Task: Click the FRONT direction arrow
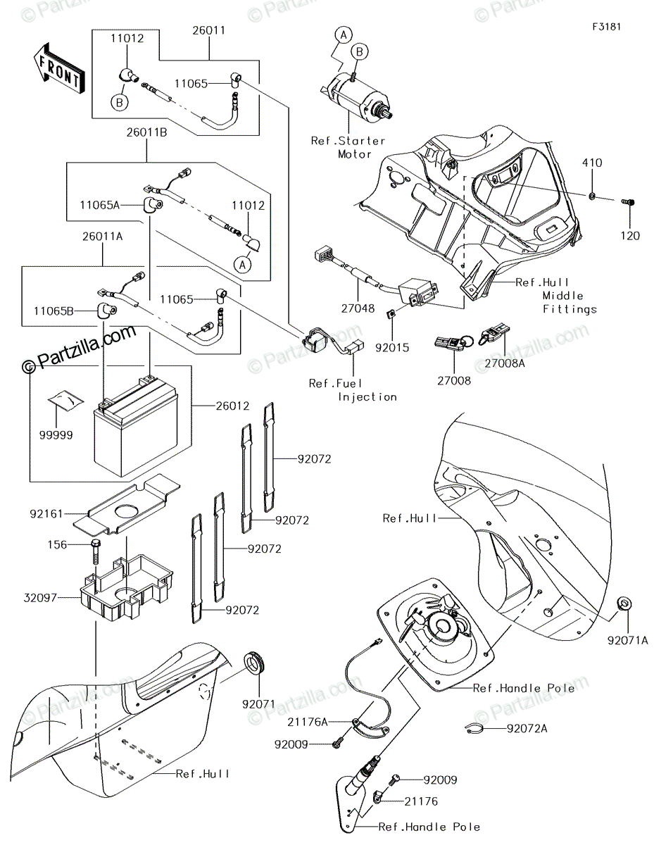pos(59,68)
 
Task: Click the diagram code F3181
pos(607,27)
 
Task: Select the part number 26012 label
pos(232,406)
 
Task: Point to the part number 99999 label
pos(56,435)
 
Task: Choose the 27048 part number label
pos(358,308)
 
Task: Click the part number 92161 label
pos(46,514)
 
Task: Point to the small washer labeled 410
pos(592,195)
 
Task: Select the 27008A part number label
pos(504,363)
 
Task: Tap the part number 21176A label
pos(308,722)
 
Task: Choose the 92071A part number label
pos(628,641)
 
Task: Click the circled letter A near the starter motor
pos(344,35)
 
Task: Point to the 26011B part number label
pos(146,132)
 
